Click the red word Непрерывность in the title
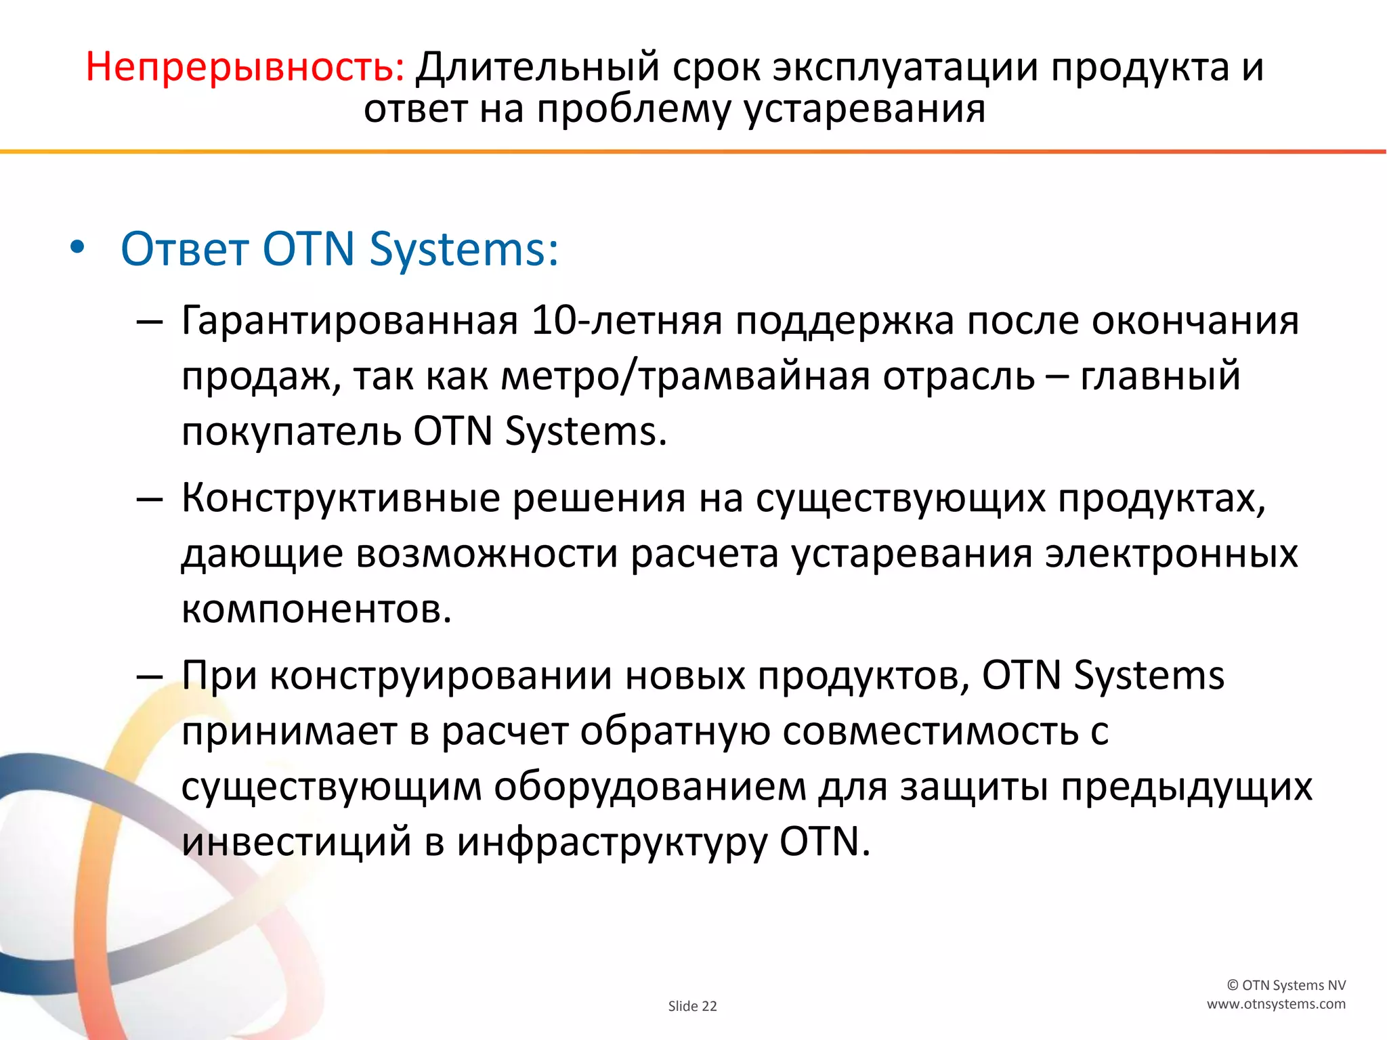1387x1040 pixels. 244,68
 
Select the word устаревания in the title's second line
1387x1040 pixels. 865,110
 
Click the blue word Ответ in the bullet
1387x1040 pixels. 184,249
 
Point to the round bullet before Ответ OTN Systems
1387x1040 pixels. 77,248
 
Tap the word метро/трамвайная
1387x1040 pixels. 685,376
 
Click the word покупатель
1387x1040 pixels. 291,431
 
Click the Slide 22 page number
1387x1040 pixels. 692,1006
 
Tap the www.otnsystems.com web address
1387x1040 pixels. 1276,1004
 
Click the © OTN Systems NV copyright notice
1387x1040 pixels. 1286,985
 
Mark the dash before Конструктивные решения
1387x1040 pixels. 149,500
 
